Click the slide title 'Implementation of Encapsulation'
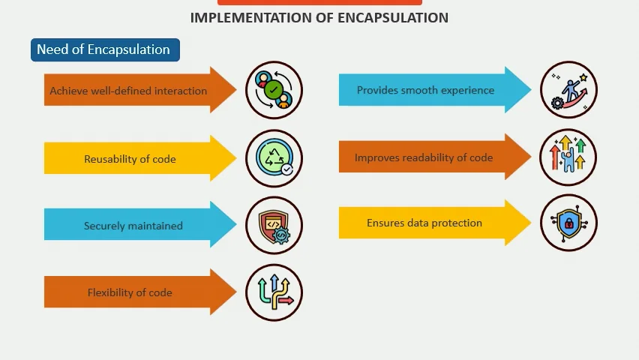319,17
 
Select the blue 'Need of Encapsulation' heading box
105,50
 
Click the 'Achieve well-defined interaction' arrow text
128,91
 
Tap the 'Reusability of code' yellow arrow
130,159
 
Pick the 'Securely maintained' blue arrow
133,225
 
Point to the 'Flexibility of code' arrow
129,292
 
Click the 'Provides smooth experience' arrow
425,90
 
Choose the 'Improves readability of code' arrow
424,157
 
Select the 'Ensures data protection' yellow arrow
424,223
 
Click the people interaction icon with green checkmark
274,90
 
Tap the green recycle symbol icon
274,158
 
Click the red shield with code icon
274,225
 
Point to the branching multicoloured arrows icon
274,292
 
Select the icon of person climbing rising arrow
568,90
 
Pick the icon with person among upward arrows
568,157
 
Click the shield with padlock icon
568,223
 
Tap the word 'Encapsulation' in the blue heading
129,50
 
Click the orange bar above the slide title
319,2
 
